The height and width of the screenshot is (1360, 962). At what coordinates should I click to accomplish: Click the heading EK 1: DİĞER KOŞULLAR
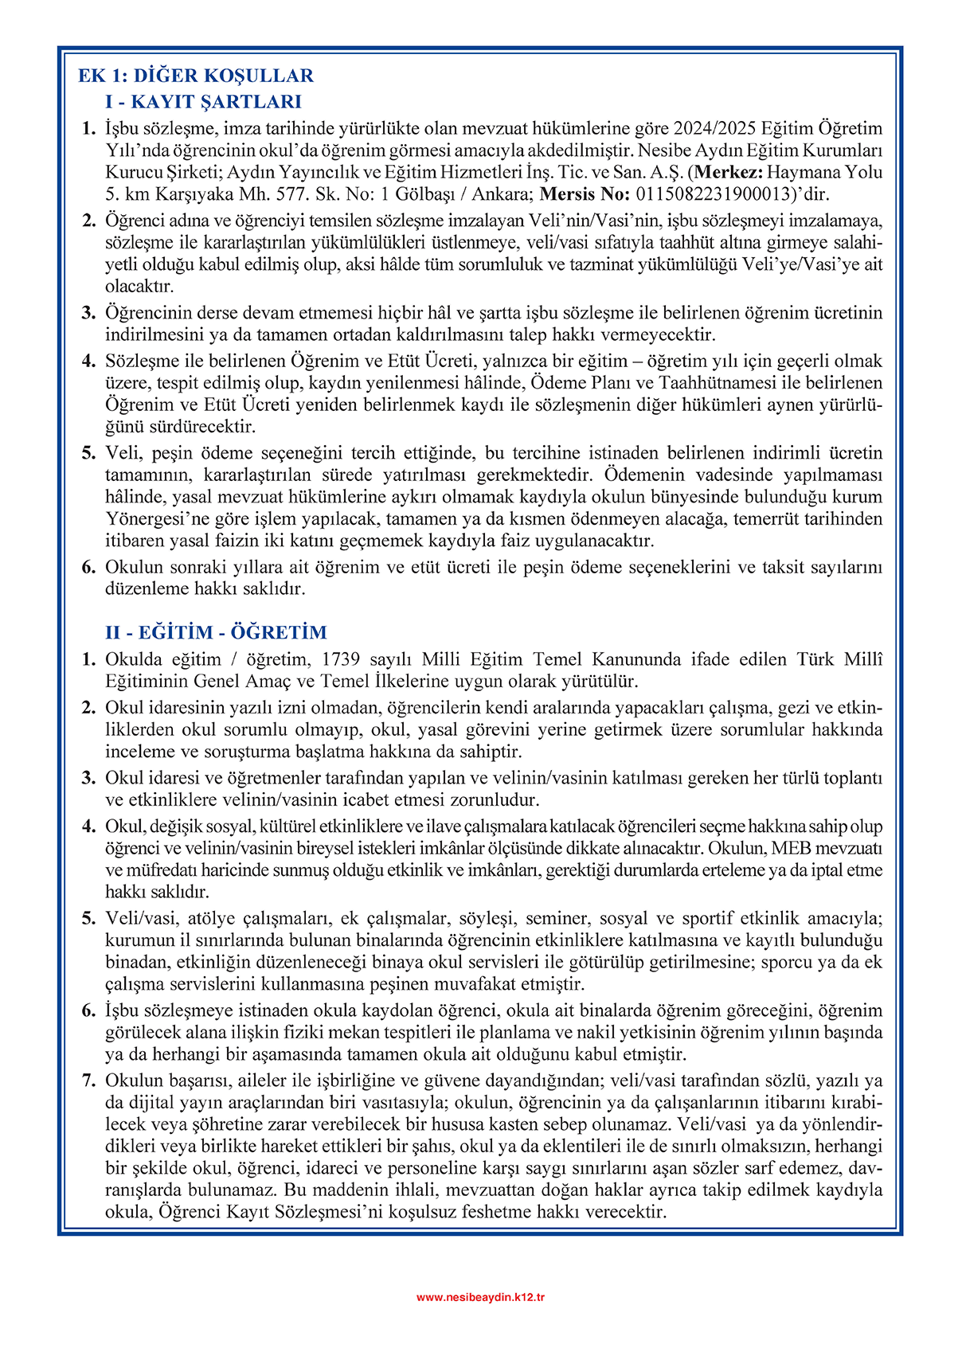coord(196,76)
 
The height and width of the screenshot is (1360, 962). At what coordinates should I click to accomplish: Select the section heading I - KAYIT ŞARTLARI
coord(203,101)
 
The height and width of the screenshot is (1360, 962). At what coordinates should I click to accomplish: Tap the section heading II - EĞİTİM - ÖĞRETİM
coord(216,632)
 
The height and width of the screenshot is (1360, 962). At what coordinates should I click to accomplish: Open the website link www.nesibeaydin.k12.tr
coord(481,1297)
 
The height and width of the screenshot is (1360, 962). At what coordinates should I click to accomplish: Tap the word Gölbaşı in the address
coord(414,193)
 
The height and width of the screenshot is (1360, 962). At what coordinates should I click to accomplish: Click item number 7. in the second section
coord(89,1081)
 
